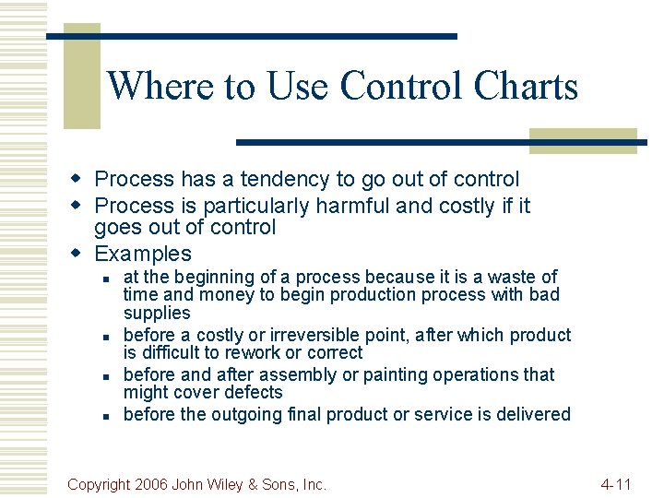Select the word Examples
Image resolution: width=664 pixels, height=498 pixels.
(x=143, y=254)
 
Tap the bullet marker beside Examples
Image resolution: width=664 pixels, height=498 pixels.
(x=78, y=253)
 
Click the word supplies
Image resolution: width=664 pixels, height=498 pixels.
(x=157, y=313)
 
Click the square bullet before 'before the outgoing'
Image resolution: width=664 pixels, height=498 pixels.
(x=107, y=415)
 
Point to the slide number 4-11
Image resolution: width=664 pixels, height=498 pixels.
(x=615, y=483)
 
